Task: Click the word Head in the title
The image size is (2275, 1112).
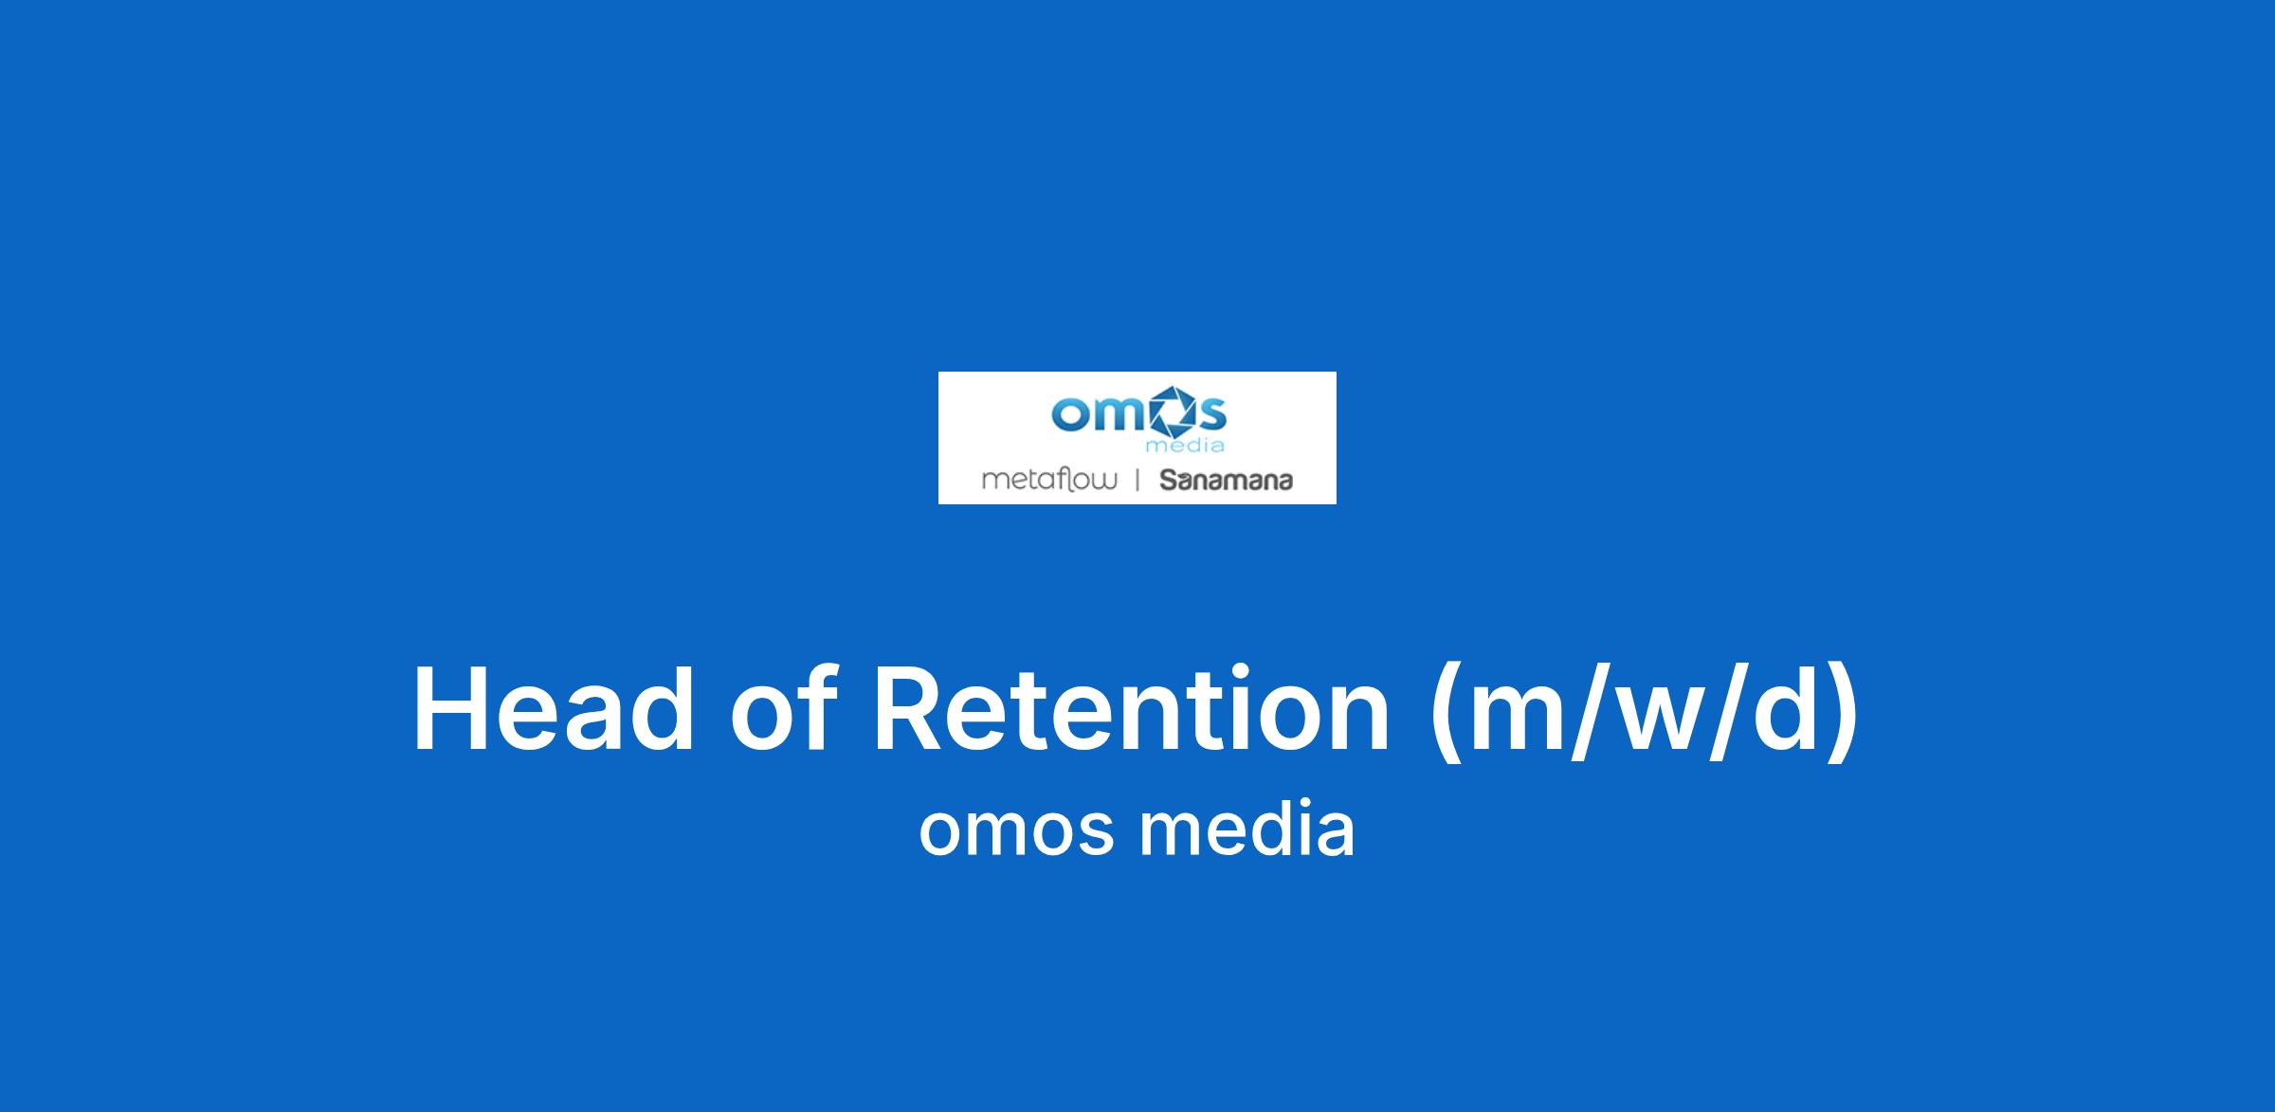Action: pyautogui.click(x=554, y=710)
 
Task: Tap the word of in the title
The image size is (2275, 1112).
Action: pyautogui.click(x=783, y=708)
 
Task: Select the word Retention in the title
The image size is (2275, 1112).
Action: pyautogui.click(x=1131, y=710)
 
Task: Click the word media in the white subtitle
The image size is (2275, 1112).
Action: pyautogui.click(x=1247, y=827)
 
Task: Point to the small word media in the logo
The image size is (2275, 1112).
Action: pyautogui.click(x=1185, y=446)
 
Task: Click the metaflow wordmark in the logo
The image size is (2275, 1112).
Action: pyautogui.click(x=1048, y=480)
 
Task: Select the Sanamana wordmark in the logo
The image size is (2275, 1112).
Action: pyautogui.click(x=1227, y=481)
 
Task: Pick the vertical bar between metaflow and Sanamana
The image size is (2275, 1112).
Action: pyautogui.click(x=1137, y=481)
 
